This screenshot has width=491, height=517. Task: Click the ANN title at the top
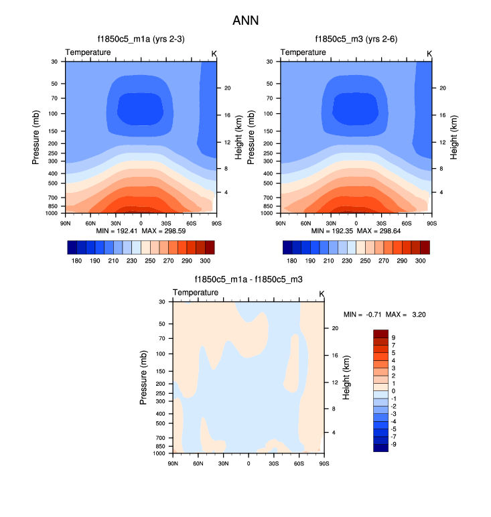pyautogui.click(x=245, y=21)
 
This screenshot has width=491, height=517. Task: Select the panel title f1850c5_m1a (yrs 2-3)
pyautogui.click(x=141, y=40)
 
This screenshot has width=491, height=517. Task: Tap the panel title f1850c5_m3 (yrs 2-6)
pyautogui.click(x=356, y=40)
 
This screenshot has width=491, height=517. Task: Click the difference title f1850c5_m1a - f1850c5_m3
pyautogui.click(x=249, y=280)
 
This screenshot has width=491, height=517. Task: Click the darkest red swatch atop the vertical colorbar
pyautogui.click(x=380, y=334)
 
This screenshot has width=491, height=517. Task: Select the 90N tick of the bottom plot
pyautogui.click(x=173, y=463)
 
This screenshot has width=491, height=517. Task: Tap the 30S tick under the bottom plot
pyautogui.click(x=273, y=463)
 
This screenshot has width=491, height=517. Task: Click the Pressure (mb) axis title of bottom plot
pyautogui.click(x=143, y=378)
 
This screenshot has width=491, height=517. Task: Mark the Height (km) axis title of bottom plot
pyautogui.click(x=346, y=378)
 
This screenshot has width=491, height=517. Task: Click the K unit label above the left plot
pyautogui.click(x=214, y=53)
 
